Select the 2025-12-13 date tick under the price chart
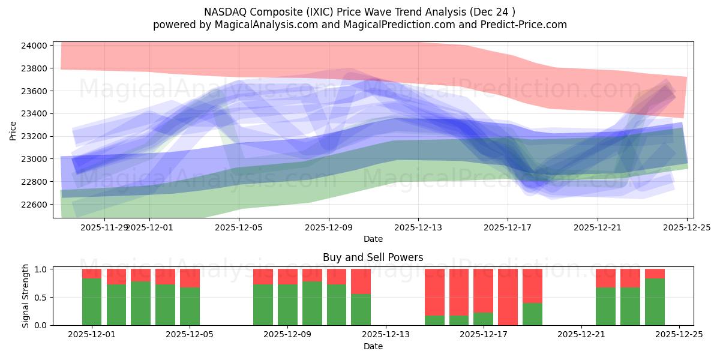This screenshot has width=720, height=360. [x=418, y=227]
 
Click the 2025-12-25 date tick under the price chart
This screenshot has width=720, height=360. [x=686, y=227]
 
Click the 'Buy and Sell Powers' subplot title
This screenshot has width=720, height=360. [x=373, y=257]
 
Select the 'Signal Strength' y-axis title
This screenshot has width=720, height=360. [x=25, y=296]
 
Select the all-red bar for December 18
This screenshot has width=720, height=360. [x=508, y=297]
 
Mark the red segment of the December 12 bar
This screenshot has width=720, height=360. [x=361, y=281]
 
